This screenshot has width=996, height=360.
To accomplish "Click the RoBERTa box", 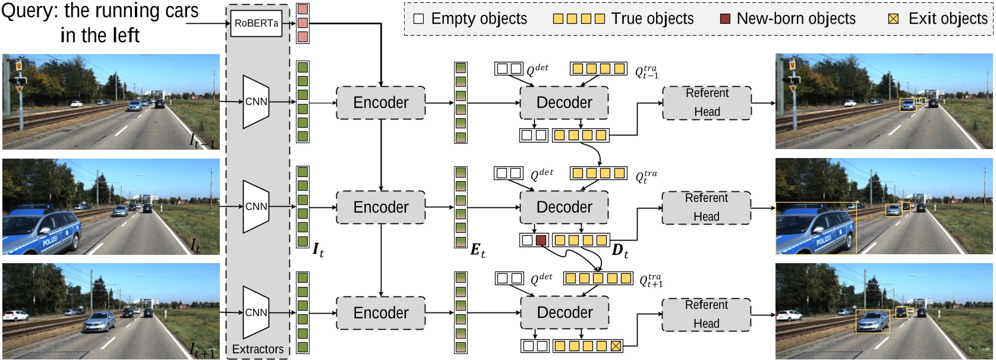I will point(256,24).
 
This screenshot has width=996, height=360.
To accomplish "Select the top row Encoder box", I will point(380,103).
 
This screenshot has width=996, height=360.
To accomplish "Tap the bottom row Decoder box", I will point(565,312).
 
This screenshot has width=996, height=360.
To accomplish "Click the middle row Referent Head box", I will point(706,207).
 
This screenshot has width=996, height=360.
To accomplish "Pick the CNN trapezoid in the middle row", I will point(256,207).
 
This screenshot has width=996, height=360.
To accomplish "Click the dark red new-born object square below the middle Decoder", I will point(541,241).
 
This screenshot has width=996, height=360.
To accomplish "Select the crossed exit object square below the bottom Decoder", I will point(616,346).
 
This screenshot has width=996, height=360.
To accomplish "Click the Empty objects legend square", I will point(418,18).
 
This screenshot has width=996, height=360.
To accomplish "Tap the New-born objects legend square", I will point(724,18).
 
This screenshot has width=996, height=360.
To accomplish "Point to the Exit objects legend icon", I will point(893,18).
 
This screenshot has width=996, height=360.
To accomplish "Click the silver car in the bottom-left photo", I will point(99,323).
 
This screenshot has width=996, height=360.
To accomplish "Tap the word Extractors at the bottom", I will point(257,349).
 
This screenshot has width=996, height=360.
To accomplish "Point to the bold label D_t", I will point(620,251).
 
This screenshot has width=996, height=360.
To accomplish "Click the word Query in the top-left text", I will point(23,11).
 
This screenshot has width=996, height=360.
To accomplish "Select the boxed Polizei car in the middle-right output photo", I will point(815,229).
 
